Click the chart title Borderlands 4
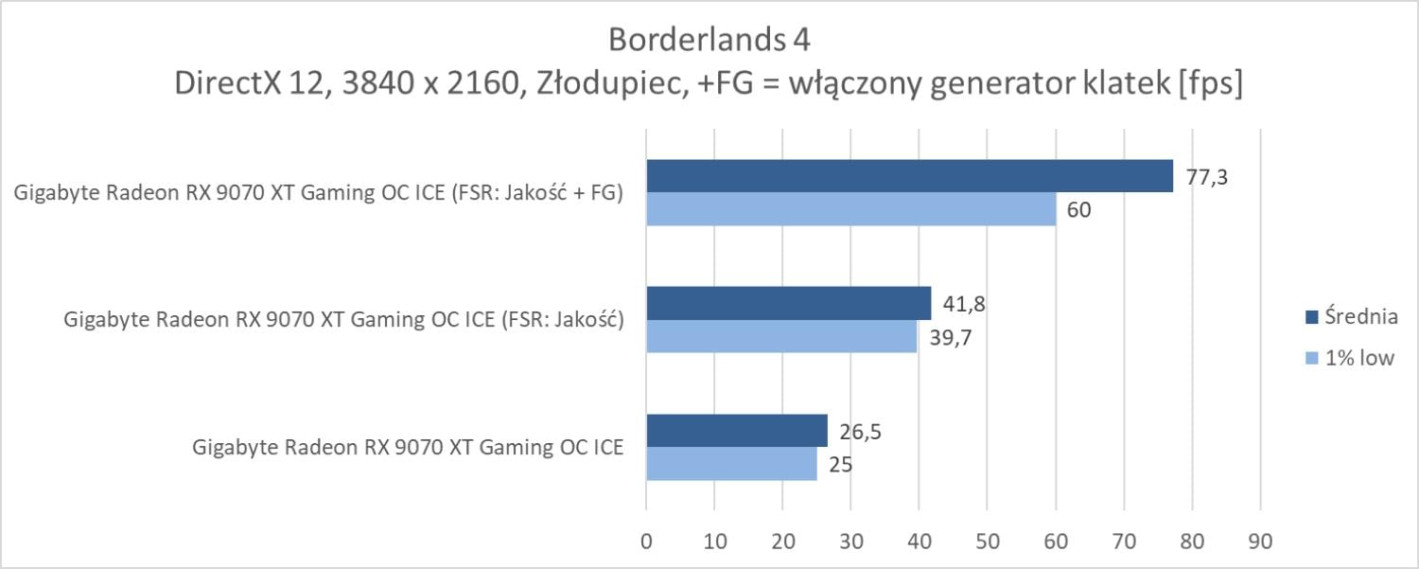709,41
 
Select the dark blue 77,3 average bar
909,176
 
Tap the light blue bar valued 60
850,209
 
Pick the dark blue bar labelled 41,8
788,303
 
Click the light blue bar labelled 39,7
781,336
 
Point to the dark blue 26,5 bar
736,430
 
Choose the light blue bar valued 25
731,463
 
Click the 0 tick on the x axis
646,542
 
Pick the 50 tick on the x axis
987,542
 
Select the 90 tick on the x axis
1259,542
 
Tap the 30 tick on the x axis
850,542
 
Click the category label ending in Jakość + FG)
319,193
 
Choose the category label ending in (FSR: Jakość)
342,320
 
